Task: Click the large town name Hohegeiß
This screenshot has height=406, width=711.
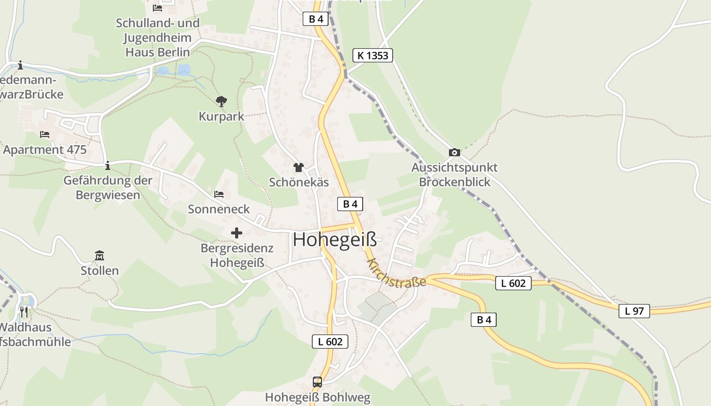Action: pos(335,239)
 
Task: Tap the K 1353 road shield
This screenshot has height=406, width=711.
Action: pos(373,55)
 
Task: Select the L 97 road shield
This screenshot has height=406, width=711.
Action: pos(634,311)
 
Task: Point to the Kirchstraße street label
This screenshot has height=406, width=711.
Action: pos(396,273)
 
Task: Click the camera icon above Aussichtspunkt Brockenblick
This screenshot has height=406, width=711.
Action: pos(455,152)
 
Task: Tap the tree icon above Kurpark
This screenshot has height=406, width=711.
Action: pos(221,101)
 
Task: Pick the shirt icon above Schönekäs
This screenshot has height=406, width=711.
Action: pos(298,167)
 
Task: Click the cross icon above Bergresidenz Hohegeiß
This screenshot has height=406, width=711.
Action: pos(237,233)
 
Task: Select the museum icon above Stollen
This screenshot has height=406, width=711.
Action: pos(100,255)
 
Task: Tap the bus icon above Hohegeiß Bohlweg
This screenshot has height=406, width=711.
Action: pos(317,382)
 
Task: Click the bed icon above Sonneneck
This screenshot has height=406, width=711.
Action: pos(219,194)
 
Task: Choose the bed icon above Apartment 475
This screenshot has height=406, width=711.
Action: pos(45,134)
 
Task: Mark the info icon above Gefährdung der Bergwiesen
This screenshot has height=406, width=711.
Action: pos(107,165)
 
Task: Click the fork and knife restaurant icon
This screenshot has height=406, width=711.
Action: pos(24,311)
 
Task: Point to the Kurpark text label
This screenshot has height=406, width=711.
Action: pos(221,116)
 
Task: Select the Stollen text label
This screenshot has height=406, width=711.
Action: pos(100,270)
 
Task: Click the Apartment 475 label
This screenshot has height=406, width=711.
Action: pos(45,150)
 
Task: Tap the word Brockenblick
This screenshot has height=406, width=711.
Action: pos(455,182)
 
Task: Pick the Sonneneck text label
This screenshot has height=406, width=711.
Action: pos(219,209)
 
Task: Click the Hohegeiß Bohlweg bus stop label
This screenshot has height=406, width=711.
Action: pos(318,397)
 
